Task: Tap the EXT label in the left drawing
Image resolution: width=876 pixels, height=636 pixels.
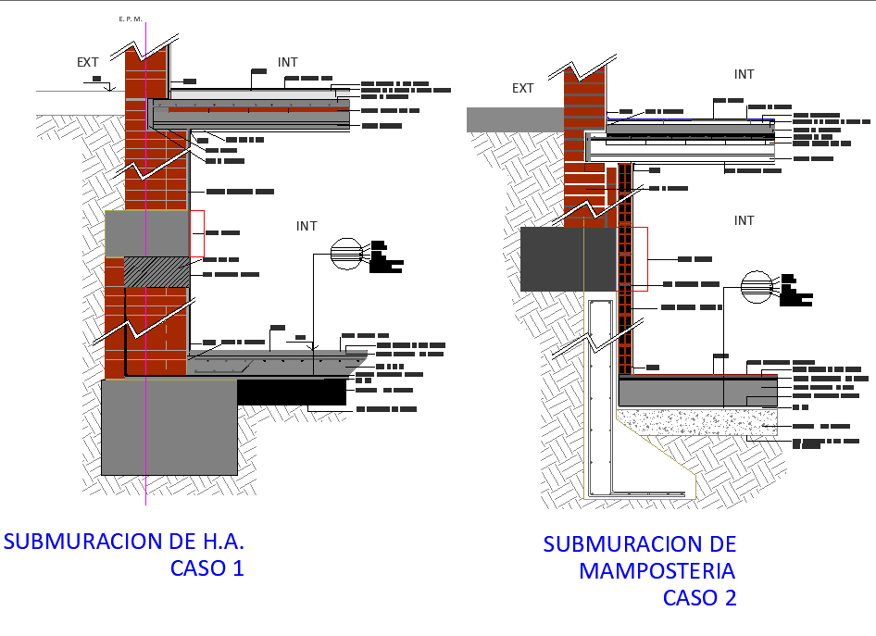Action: (88, 62)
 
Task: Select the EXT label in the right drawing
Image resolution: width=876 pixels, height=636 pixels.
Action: (523, 88)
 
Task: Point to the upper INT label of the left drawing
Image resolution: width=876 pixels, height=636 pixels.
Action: (288, 62)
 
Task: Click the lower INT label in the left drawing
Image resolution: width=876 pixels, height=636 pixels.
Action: (307, 226)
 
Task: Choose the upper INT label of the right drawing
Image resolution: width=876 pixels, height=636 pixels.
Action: (744, 74)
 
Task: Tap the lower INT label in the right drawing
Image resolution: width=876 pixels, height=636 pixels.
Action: (744, 220)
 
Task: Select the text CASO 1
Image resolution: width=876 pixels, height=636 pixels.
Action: (207, 568)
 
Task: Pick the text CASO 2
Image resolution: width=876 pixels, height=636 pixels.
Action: (699, 598)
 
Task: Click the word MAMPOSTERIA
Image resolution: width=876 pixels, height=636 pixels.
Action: (657, 570)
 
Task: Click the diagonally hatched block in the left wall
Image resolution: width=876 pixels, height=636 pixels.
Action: (157, 271)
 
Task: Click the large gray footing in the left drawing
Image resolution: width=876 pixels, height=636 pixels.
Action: (169, 426)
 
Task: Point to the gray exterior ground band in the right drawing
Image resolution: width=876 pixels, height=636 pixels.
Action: (514, 118)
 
